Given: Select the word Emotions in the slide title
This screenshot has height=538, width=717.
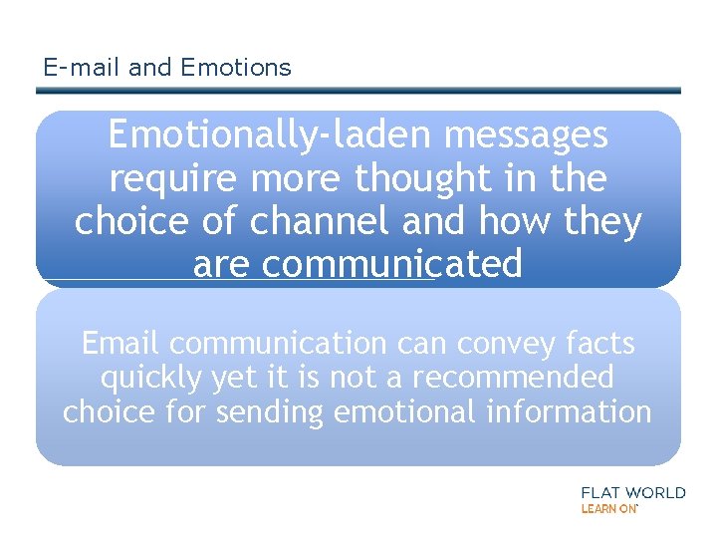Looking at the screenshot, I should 235,68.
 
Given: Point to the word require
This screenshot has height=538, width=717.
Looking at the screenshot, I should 171,178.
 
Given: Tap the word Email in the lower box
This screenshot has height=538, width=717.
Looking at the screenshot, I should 121,344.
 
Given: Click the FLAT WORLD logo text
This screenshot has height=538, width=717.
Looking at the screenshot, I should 632,492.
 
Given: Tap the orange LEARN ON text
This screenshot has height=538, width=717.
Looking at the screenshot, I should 608,508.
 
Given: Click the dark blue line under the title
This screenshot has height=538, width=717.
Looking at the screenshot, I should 358,91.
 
